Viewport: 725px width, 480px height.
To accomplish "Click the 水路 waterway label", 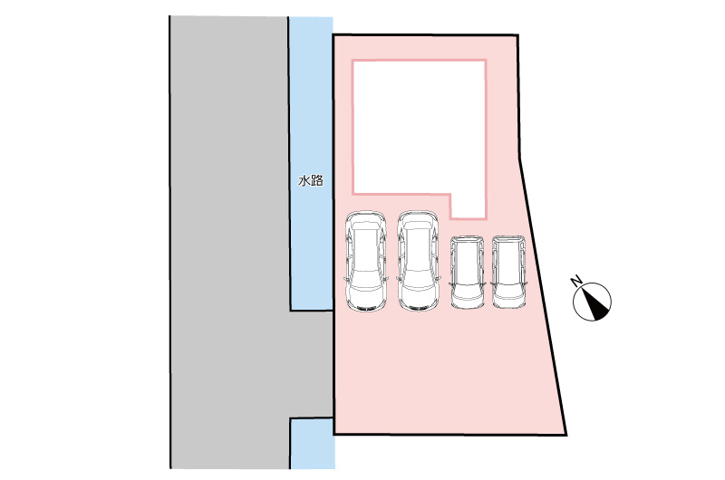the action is (310, 180).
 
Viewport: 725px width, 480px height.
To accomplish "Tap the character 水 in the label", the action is (304, 180).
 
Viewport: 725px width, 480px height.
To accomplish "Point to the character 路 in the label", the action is (316, 180).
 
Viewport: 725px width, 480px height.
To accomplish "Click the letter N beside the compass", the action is (576, 281).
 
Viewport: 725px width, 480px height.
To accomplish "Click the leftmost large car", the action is (366, 261).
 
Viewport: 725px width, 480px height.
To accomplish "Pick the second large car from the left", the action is (418, 261).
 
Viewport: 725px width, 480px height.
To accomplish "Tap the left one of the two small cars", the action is (468, 272).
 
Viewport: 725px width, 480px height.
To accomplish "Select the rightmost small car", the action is (508, 272).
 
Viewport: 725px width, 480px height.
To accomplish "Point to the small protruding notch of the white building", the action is (469, 206).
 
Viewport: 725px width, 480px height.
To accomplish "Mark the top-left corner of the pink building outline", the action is (353, 60).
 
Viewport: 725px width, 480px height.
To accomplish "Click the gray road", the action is (229, 243).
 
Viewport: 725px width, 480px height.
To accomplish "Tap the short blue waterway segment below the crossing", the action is (312, 444).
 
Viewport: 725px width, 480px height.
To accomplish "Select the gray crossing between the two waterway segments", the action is (311, 364).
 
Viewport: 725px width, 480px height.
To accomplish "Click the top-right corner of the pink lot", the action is (517, 35).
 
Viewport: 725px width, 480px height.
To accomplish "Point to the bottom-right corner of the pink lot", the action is (566, 435).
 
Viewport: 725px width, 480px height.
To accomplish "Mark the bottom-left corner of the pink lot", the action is (333, 434).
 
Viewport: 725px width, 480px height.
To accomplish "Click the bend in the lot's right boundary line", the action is (519, 158).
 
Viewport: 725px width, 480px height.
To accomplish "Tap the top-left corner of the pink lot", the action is (333, 34).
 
